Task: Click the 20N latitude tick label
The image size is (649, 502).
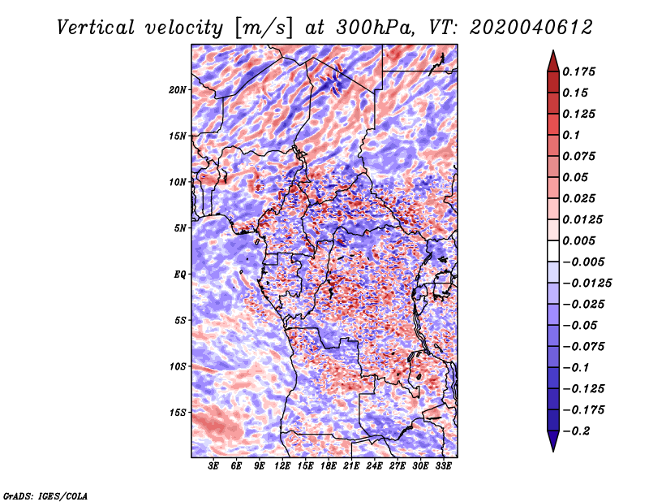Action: point(178,89)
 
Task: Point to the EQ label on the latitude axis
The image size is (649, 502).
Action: point(179,275)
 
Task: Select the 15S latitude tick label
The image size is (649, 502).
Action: point(178,413)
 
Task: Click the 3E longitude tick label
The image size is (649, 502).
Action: point(214,467)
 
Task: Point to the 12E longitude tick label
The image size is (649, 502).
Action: point(283,467)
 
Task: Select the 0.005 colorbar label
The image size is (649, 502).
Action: point(580,240)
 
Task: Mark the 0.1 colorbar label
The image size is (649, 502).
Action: point(573,135)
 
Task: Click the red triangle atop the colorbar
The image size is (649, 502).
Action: point(552,59)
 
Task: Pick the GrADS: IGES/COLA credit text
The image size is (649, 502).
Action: point(45,495)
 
